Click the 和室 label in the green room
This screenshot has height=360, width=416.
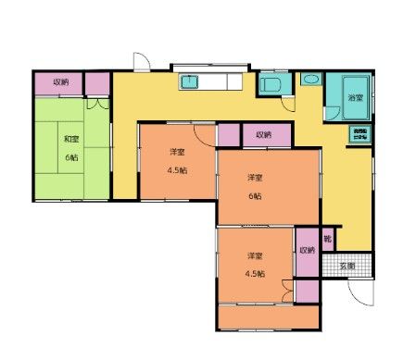pos(70,139)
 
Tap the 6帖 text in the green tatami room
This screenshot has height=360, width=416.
pos(70,157)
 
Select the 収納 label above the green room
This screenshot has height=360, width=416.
pos(60,82)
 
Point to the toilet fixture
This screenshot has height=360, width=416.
pos(271,86)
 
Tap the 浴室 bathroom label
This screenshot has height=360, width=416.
pos(354,97)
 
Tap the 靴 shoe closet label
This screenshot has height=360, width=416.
pos(327,238)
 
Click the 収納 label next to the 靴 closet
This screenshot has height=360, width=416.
pos(307,250)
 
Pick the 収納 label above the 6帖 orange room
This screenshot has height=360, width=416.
pos(263,135)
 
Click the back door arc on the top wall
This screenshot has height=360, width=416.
pos(140,63)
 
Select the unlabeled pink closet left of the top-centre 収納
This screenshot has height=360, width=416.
pos(229,135)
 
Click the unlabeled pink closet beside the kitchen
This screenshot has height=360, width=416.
pos(97,82)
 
